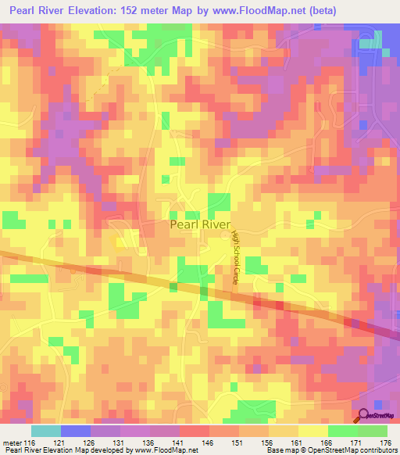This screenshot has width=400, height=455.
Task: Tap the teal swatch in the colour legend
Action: [x=45, y=431]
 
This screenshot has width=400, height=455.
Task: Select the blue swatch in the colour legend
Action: [x=76, y=431]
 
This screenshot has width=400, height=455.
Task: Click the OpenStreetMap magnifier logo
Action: [x=363, y=415]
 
